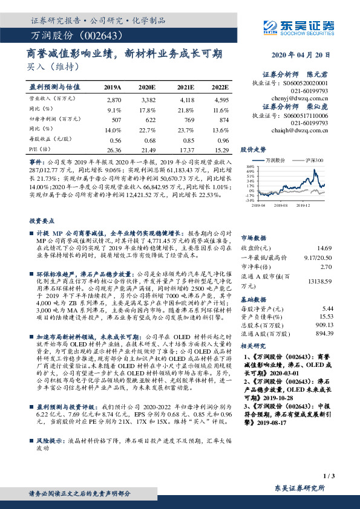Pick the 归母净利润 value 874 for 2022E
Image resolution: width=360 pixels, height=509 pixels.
coord(223,120)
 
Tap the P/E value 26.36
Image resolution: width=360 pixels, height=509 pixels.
coord(114,149)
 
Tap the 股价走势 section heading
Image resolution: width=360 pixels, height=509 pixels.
coord(253,149)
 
